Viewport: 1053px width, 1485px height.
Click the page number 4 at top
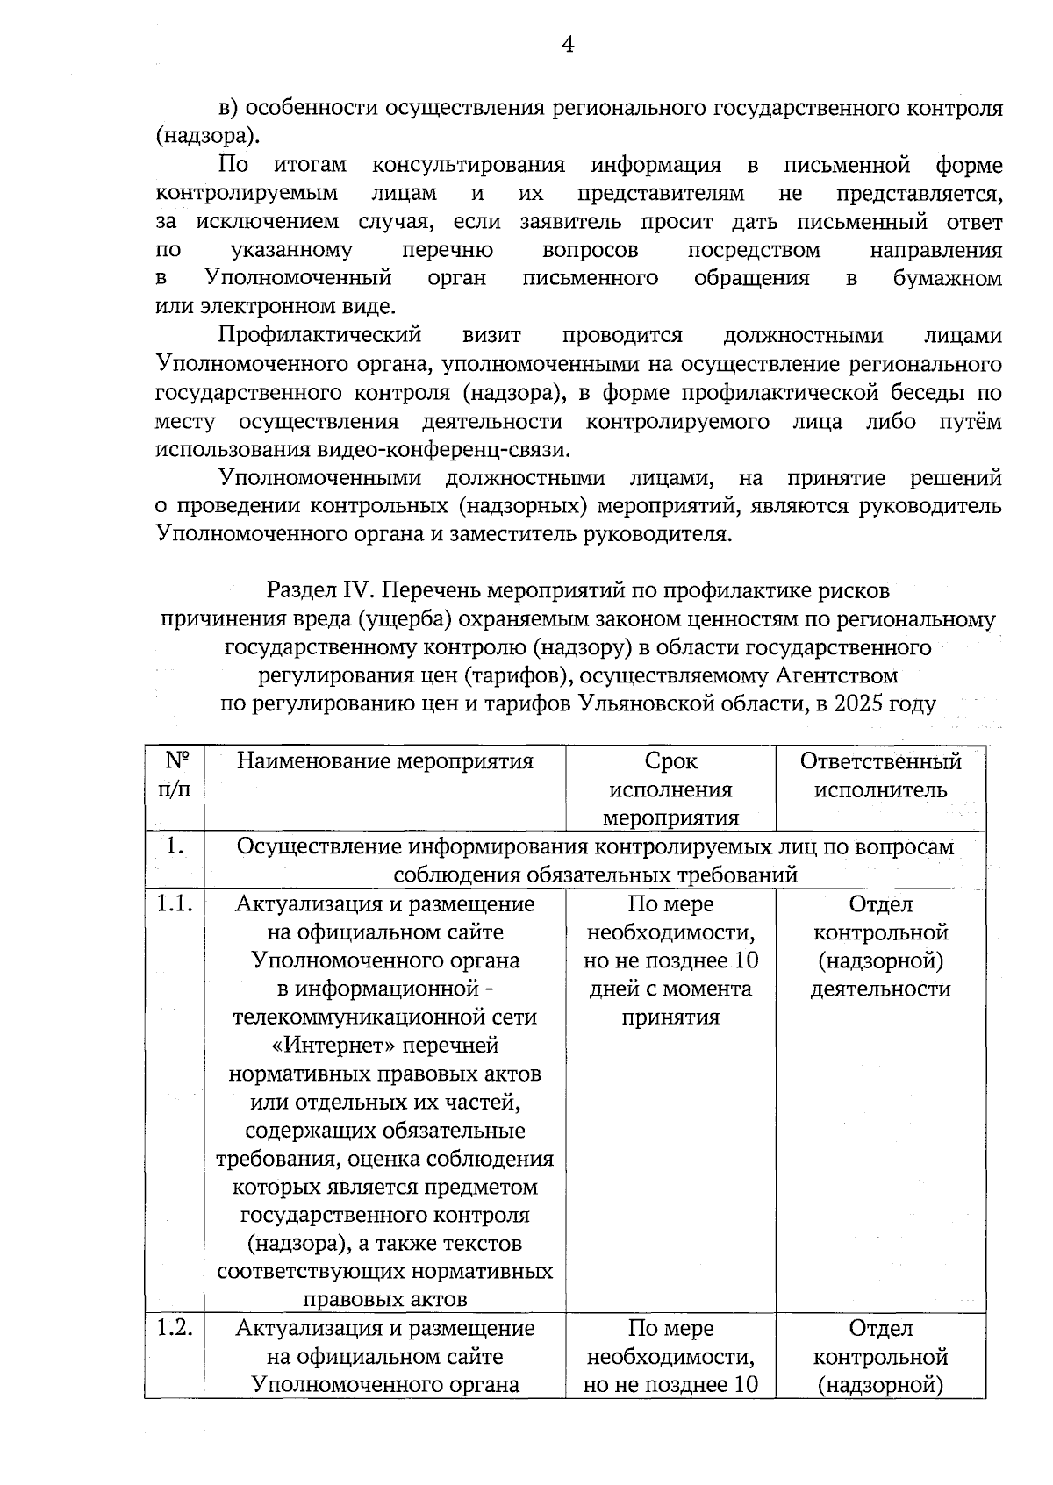(x=568, y=45)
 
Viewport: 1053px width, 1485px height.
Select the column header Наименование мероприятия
(x=384, y=760)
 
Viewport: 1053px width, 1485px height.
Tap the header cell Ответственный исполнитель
(x=880, y=775)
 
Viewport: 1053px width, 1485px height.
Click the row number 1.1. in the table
(x=174, y=903)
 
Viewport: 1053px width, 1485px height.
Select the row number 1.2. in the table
(x=174, y=1328)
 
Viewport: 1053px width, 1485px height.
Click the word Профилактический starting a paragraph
(x=319, y=336)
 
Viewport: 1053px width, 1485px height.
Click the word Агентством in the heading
(x=837, y=675)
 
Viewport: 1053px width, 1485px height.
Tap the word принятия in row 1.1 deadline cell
(x=670, y=1017)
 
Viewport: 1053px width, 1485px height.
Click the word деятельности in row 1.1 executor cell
(x=880, y=989)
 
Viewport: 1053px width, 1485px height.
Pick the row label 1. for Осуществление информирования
(x=174, y=847)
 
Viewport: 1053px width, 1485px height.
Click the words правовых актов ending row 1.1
(x=384, y=1299)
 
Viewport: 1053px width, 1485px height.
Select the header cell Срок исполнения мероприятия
(x=670, y=789)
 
